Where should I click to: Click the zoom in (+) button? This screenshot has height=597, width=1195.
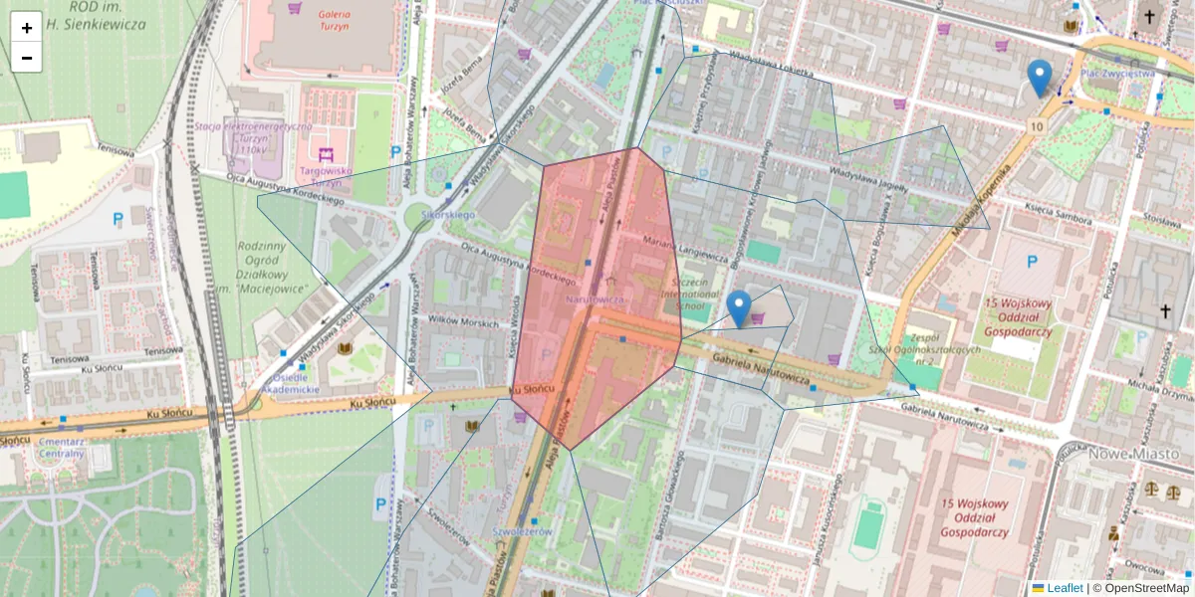[27, 28]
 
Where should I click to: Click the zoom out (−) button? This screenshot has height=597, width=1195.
[27, 58]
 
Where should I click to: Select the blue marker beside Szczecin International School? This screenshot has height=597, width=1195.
[738, 308]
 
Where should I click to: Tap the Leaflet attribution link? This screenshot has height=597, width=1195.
[1065, 588]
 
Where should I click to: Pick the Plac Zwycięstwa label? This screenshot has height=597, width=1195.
[1117, 73]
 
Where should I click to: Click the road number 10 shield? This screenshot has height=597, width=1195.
[1038, 126]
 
